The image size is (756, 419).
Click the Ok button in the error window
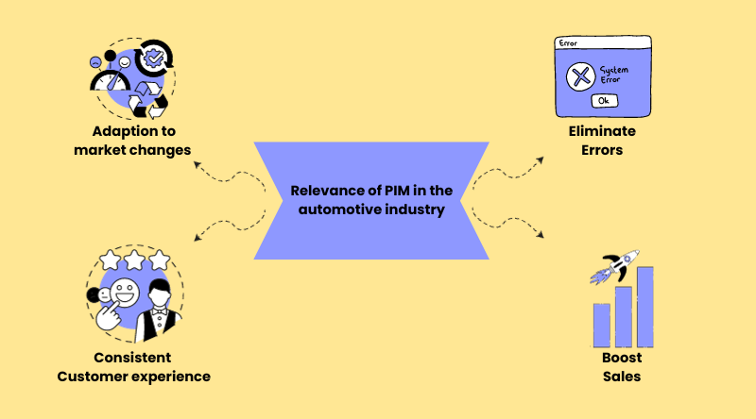pyautogui.click(x=604, y=101)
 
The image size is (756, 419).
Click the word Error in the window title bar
pyautogui.click(x=568, y=42)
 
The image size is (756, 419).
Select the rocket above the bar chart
pyautogui.click(x=615, y=266)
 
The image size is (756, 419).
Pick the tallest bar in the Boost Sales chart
pyautogui.click(x=644, y=306)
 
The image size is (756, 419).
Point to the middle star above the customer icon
pyautogui.click(x=135, y=258)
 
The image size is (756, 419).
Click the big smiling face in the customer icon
pyautogui.click(x=123, y=290)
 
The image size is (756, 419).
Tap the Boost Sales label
pyautogui.click(x=622, y=367)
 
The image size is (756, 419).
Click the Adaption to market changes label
pyautogui.click(x=133, y=141)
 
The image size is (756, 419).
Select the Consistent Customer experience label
pyautogui.click(x=133, y=367)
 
